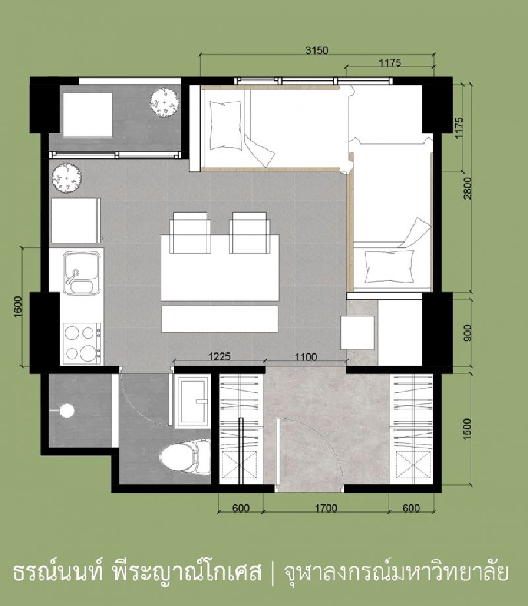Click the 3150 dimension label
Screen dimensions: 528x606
(x=317, y=50)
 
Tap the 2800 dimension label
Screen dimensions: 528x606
(x=468, y=188)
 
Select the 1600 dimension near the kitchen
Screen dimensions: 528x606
(x=18, y=307)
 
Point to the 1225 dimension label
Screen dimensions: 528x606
(x=219, y=356)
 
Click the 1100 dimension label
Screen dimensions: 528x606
(x=306, y=357)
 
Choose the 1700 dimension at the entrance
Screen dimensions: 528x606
(x=326, y=508)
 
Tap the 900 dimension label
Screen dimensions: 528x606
(x=468, y=333)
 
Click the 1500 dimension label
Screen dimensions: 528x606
(x=468, y=429)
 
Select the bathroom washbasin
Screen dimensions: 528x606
(x=192, y=402)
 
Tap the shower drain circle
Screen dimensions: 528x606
(x=67, y=410)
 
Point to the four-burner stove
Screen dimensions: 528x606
(x=82, y=343)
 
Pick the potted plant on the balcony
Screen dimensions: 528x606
(x=164, y=102)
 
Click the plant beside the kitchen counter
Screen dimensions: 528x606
(x=67, y=178)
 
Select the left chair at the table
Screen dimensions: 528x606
(x=190, y=232)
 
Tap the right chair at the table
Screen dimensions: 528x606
(x=249, y=232)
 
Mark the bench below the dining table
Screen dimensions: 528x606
(x=220, y=319)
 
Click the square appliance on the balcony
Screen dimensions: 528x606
(x=87, y=115)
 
